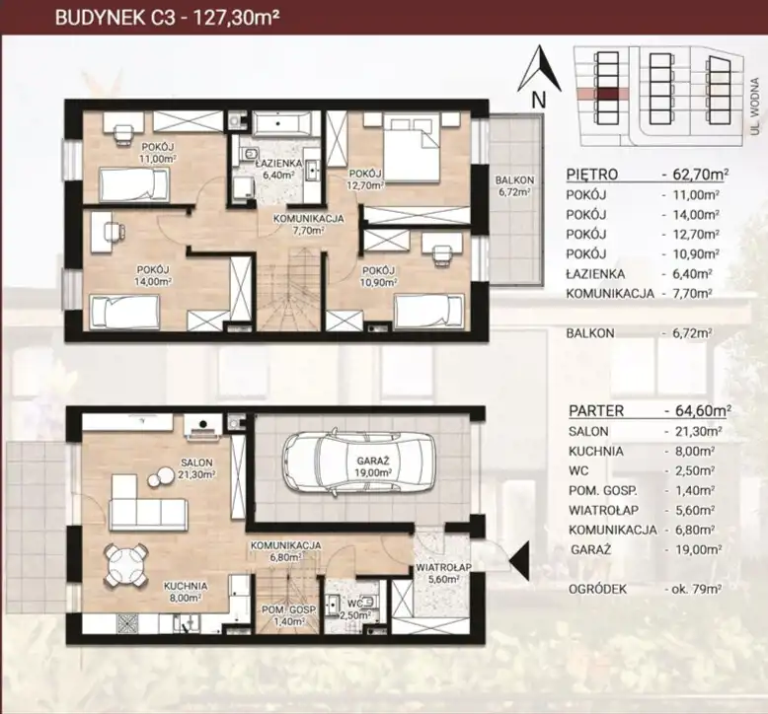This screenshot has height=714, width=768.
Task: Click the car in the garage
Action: click(358, 464)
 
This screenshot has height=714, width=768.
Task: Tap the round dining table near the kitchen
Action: click(125, 565)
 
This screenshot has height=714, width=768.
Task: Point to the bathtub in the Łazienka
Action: click(283, 123)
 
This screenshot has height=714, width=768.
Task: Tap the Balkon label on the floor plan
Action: click(514, 180)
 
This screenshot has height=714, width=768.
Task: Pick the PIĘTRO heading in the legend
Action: click(591, 175)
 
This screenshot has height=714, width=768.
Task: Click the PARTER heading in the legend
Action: click(596, 411)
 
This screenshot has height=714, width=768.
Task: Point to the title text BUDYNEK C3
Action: click(115, 18)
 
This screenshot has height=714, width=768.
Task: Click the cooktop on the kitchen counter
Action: click(129, 625)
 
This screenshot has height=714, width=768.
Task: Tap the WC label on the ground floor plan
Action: click(355, 604)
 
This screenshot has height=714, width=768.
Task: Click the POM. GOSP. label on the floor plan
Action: click(288, 610)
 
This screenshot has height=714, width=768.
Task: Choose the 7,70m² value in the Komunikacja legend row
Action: click(692, 294)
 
